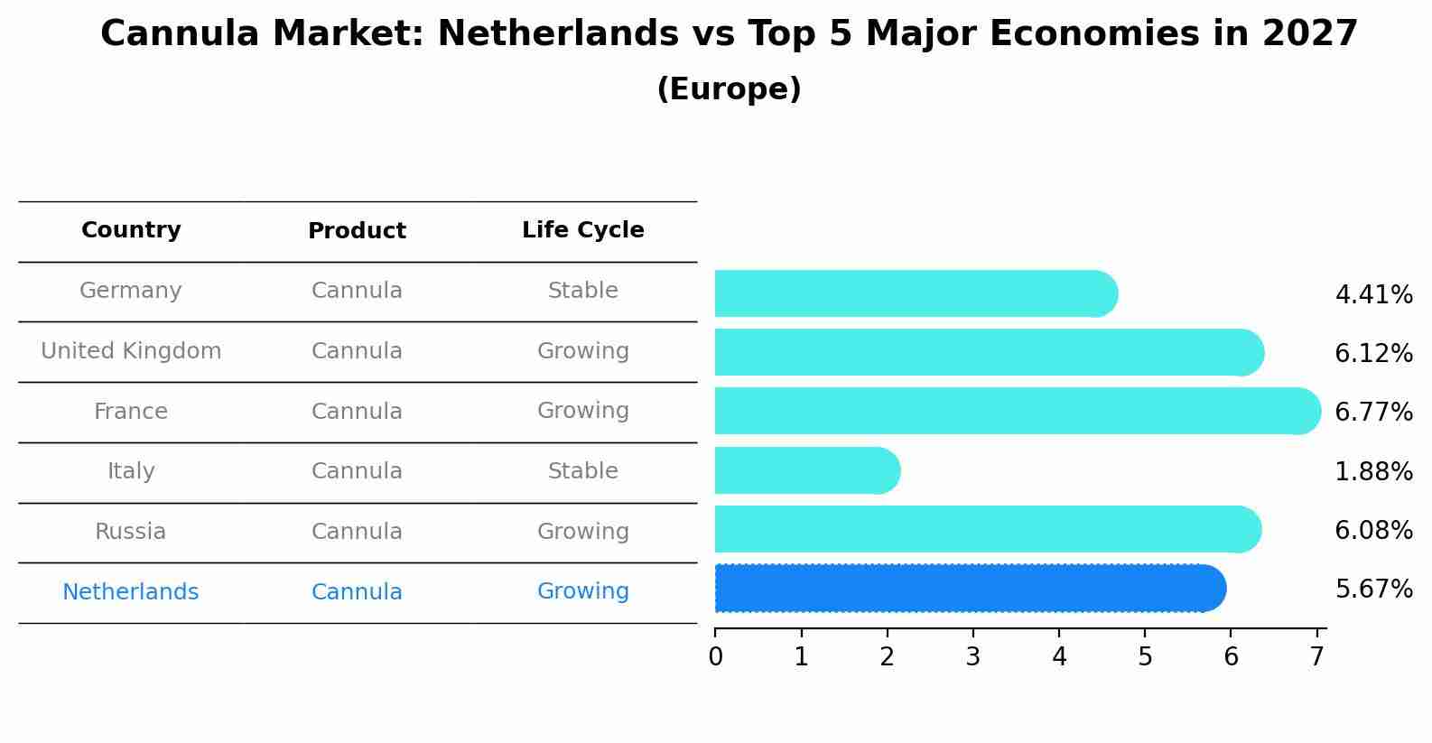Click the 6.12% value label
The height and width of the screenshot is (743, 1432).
[1373, 354]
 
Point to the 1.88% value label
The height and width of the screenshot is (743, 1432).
[1373, 471]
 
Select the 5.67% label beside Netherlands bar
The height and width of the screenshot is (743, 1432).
[1373, 590]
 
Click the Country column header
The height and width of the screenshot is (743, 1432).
[131, 230]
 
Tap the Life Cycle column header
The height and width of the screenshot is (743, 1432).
[582, 230]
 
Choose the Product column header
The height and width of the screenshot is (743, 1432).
[357, 231]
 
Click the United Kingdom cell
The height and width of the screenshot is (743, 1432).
[131, 351]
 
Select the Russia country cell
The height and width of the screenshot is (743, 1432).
[131, 532]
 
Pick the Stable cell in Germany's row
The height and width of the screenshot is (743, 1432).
[582, 291]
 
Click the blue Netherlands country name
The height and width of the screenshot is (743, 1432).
[131, 592]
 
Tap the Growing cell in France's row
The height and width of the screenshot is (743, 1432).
[582, 411]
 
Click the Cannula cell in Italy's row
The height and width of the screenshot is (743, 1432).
[357, 471]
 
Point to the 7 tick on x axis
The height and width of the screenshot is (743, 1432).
[1316, 656]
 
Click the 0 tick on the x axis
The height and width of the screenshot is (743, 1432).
[715, 656]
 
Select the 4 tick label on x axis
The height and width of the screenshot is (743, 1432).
[1059, 656]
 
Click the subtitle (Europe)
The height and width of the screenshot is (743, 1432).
[729, 89]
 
